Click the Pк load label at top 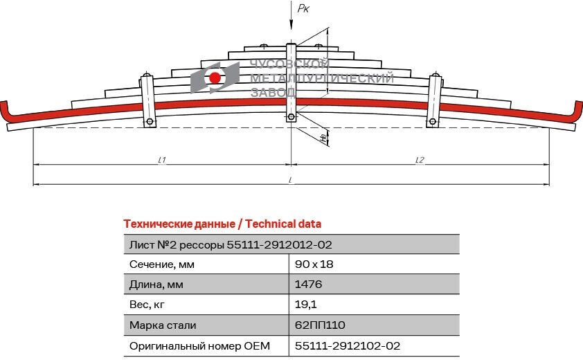pyautogui.click(x=303, y=8)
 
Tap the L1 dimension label pyautogui.click(x=161, y=160)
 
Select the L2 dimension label pyautogui.click(x=420, y=160)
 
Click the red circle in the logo pyautogui.click(x=215, y=78)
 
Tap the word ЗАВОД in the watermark pyautogui.click(x=272, y=91)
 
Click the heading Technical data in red pyautogui.click(x=222, y=224)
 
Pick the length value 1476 pyautogui.click(x=308, y=285)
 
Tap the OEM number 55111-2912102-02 pyautogui.click(x=348, y=345)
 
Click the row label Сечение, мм pyautogui.click(x=162, y=264)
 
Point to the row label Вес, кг pyautogui.click(x=148, y=305)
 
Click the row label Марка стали pyautogui.click(x=163, y=325)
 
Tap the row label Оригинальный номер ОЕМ pyautogui.click(x=199, y=345)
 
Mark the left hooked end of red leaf pyautogui.click(x=6, y=111)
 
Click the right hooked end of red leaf pyautogui.click(x=575, y=111)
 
